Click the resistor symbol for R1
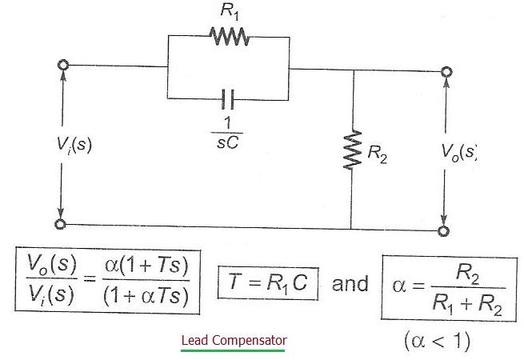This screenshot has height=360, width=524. tap(230, 36)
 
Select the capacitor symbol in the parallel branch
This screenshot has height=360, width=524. tap(229, 99)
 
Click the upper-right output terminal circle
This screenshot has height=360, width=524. tap(445, 71)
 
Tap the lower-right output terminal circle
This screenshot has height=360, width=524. tap(445, 230)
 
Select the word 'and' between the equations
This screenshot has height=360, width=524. tap(350, 285)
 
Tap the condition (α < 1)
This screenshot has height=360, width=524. tap(437, 342)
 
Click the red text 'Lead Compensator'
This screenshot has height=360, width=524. tap(234, 340)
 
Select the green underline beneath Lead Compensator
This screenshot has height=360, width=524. tap(234, 350)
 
